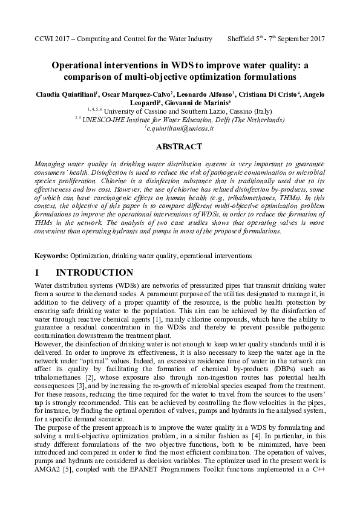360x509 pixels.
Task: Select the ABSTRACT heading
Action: point(179,147)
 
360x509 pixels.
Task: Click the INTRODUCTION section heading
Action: point(94,273)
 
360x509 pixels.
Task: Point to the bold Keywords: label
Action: point(51,256)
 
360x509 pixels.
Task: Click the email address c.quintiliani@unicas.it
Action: point(180,129)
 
